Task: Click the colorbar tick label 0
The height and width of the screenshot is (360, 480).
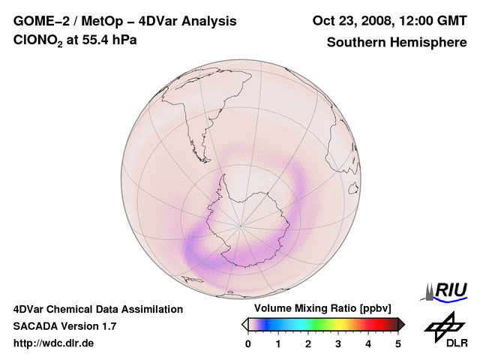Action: pyautogui.click(x=248, y=343)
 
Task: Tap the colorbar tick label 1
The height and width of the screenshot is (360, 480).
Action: pyautogui.click(x=278, y=343)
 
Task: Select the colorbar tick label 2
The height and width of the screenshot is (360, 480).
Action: pyautogui.click(x=308, y=343)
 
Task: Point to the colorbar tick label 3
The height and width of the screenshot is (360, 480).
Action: pyautogui.click(x=338, y=343)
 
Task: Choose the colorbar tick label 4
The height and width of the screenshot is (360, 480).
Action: pyautogui.click(x=368, y=343)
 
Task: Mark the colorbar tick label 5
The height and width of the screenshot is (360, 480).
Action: pyautogui.click(x=398, y=343)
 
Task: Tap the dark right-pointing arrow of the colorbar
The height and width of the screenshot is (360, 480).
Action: pyautogui.click(x=401, y=324)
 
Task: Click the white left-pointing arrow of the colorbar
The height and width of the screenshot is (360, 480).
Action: pyautogui.click(x=244, y=324)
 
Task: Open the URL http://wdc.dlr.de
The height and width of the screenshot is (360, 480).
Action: pyautogui.click(x=54, y=343)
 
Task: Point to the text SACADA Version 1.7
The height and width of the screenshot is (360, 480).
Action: pyautogui.click(x=64, y=326)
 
